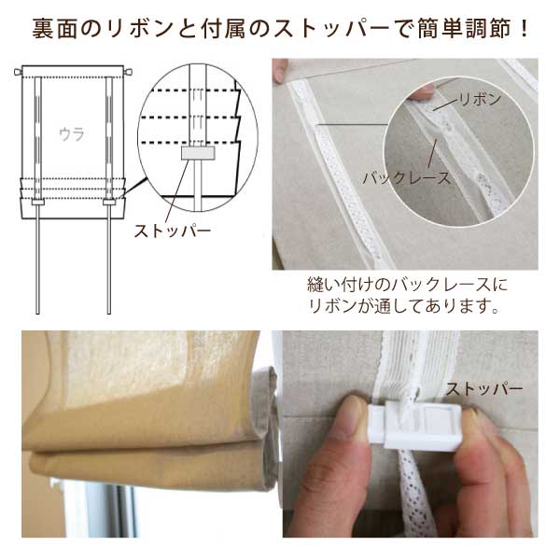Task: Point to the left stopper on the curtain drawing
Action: click(x=38, y=201)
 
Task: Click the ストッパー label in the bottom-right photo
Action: click(x=483, y=388)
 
